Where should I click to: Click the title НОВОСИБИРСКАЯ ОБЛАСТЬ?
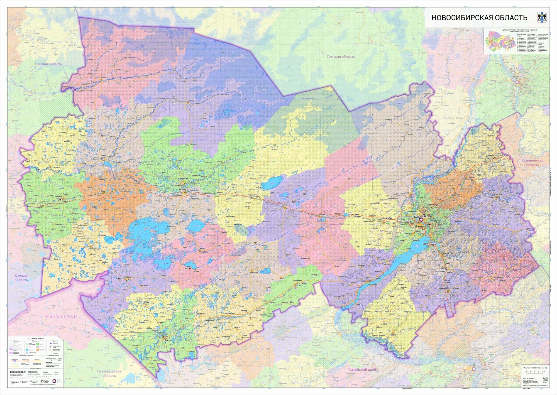(x=479, y=18)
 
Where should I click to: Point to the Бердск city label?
(x=426, y=243)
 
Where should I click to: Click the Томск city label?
(x=517, y=77)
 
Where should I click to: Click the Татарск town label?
(x=59, y=197)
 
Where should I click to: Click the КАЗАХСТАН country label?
(x=61, y=317)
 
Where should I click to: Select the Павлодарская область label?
(x=109, y=373)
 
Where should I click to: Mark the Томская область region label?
(x=341, y=57)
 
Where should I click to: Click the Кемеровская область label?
(x=532, y=162)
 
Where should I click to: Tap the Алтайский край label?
(x=362, y=370)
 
